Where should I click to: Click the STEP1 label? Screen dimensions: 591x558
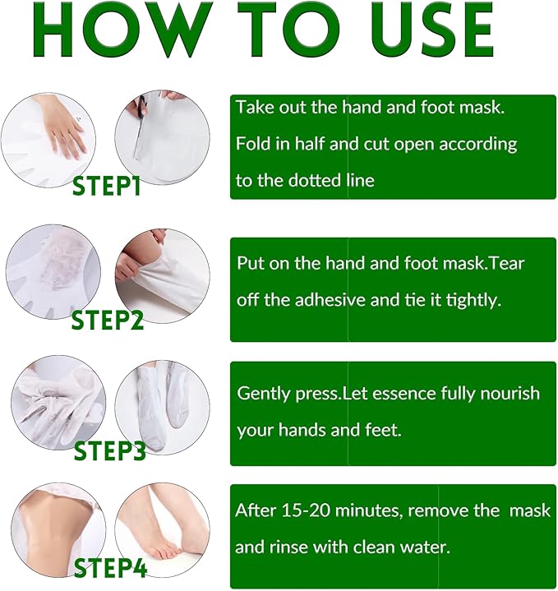click(107, 186)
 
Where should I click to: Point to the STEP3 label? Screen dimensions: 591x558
click(109, 451)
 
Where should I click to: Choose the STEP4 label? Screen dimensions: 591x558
click(110, 568)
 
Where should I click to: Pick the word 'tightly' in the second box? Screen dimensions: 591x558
click(473, 300)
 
